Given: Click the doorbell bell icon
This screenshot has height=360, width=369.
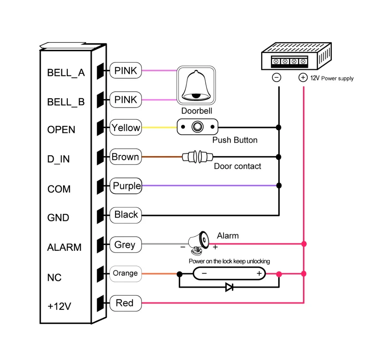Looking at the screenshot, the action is pos(196,85).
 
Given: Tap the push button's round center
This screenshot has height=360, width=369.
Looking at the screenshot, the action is pos(197,127).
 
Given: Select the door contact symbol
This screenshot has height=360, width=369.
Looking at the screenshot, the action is pos(197,157).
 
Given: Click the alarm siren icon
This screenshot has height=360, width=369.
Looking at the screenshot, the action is pos(199,243).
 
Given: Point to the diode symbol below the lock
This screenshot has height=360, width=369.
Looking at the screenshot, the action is pos(229,287).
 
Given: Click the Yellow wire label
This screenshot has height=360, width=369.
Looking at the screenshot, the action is pos(126,128).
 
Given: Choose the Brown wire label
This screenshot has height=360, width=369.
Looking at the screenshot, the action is pos(126,157).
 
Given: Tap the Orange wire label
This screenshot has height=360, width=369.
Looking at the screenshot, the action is pos(126,274).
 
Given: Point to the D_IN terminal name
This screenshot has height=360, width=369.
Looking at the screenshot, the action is pos(59,159).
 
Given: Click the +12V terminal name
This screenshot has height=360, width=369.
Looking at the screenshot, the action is pos(59,306).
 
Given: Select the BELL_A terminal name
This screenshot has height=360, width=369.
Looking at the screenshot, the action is pos(66,73).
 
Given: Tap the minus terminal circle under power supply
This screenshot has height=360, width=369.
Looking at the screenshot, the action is pos(276,78).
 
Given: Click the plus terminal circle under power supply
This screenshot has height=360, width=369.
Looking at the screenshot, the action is pos(303,78).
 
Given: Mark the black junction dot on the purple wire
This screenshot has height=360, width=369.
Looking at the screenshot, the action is pos(279,185).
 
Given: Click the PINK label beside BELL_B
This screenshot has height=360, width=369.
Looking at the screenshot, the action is pos(126,100).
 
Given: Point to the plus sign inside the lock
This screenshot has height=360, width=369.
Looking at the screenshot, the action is pos(259,273).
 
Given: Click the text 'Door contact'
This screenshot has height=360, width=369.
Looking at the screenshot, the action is pos(237,166).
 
